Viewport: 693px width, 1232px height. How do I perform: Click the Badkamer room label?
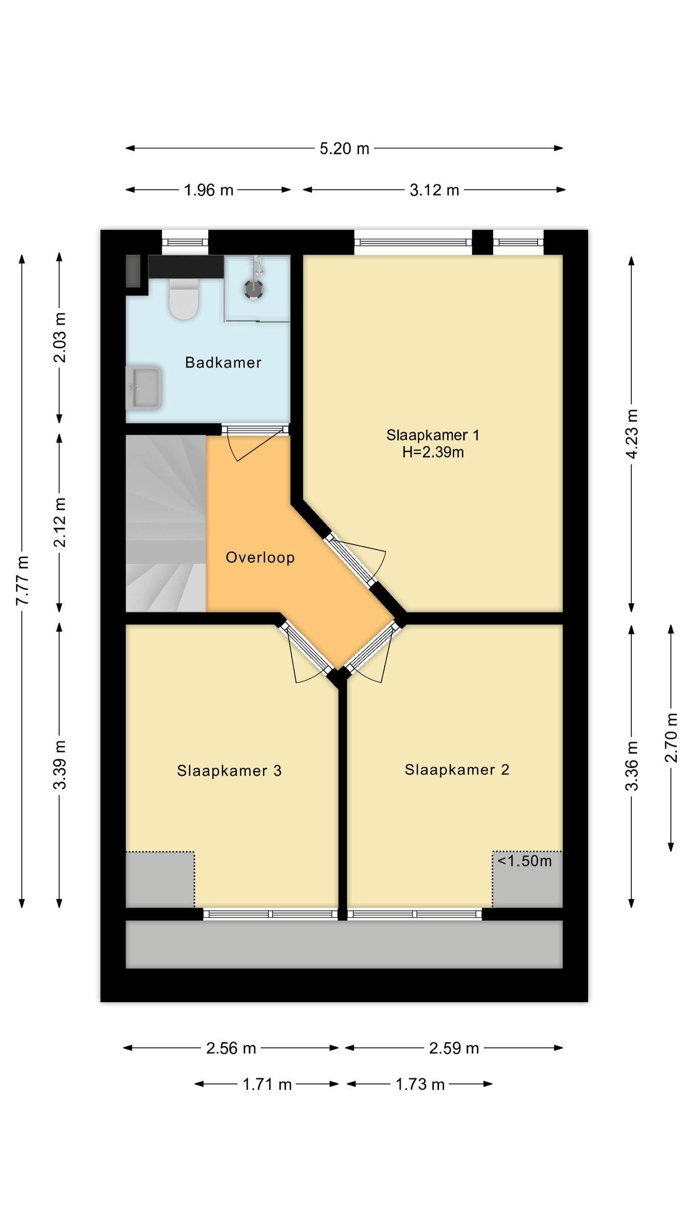click(x=223, y=362)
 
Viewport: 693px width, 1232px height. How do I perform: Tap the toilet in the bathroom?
click(x=184, y=300)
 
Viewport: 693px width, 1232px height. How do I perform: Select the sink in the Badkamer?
click(x=143, y=387)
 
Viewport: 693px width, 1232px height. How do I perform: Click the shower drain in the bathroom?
click(x=253, y=288)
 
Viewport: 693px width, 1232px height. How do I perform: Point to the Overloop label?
click(x=260, y=557)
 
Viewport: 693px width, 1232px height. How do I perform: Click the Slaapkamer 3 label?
click(x=229, y=770)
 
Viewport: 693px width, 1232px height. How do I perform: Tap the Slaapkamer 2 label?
click(x=457, y=770)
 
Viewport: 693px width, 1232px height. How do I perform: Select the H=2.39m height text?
click(x=433, y=452)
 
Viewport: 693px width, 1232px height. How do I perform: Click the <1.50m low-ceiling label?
click(x=525, y=861)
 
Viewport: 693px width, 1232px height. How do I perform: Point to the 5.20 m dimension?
click(x=345, y=148)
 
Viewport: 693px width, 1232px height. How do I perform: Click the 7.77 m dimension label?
click(x=22, y=580)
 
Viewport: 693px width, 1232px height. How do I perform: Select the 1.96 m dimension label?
click(x=208, y=190)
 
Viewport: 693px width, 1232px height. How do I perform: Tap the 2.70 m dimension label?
click(x=671, y=738)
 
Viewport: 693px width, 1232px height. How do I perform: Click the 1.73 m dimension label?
click(x=420, y=1084)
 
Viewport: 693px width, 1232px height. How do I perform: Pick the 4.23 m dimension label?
click(x=631, y=434)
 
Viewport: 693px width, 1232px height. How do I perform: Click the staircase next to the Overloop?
click(x=166, y=522)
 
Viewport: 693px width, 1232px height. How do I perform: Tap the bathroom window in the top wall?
click(x=185, y=242)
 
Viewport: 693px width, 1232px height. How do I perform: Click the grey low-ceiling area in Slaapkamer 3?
click(x=160, y=879)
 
